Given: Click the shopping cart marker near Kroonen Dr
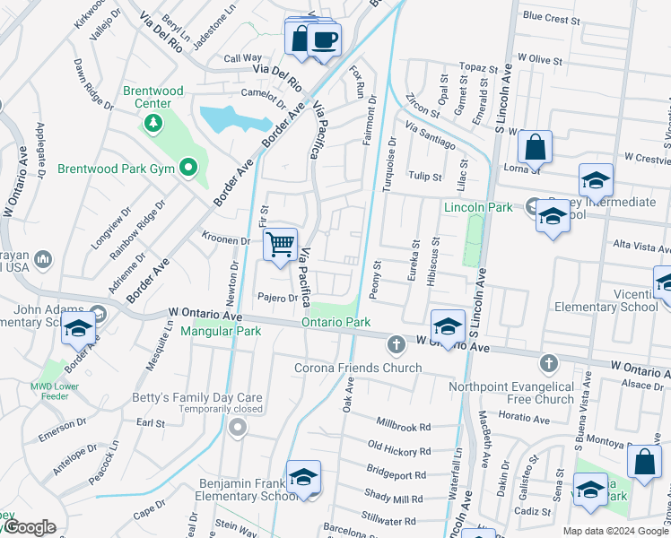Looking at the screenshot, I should point(280,244).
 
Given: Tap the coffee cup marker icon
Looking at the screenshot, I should point(325,39).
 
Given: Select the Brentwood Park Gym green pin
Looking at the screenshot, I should point(187,168).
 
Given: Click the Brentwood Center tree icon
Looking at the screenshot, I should point(153,123).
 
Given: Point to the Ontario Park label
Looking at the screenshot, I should point(335,322).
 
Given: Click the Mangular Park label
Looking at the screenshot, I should point(220,331).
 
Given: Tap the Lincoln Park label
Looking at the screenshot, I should point(478,208).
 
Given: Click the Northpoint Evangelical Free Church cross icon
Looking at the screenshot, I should point(548,363).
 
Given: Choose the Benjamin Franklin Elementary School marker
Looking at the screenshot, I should point(304,476).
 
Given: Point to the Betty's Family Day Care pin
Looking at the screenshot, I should point(238,428).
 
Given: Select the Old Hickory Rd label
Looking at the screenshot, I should point(399,448).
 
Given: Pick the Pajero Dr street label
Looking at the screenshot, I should point(276,298).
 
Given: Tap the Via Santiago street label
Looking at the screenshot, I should point(430,136).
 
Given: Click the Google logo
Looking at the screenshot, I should point(29,527).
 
